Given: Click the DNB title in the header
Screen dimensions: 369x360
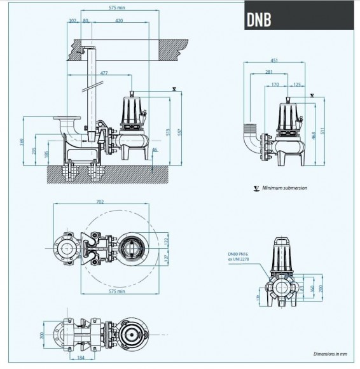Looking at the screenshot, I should point(259,20).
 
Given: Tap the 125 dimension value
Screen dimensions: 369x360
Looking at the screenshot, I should point(298,83).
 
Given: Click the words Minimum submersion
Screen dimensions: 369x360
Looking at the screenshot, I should point(286,188).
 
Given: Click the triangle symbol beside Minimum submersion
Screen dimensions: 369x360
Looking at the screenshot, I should point(256,188).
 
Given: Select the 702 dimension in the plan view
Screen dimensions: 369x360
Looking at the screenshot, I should point(100,202).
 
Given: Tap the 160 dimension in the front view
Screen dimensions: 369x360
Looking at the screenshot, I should point(311,287).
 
